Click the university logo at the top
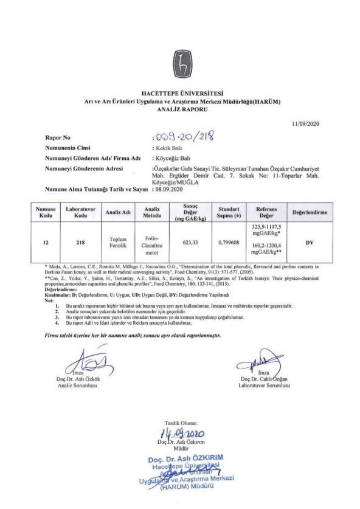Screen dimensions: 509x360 [180, 60]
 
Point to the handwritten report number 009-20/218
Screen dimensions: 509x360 [183, 137]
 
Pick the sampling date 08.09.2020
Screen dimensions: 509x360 [168, 190]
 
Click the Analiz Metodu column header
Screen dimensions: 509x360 [153, 212]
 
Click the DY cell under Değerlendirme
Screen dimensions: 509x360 [310, 241]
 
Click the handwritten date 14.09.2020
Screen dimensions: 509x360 [182, 434]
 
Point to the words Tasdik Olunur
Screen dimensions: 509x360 [181, 422]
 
